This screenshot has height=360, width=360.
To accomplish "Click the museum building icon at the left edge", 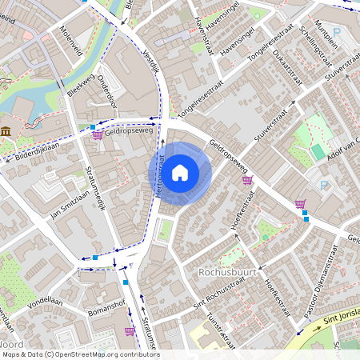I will (x=6, y=131).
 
